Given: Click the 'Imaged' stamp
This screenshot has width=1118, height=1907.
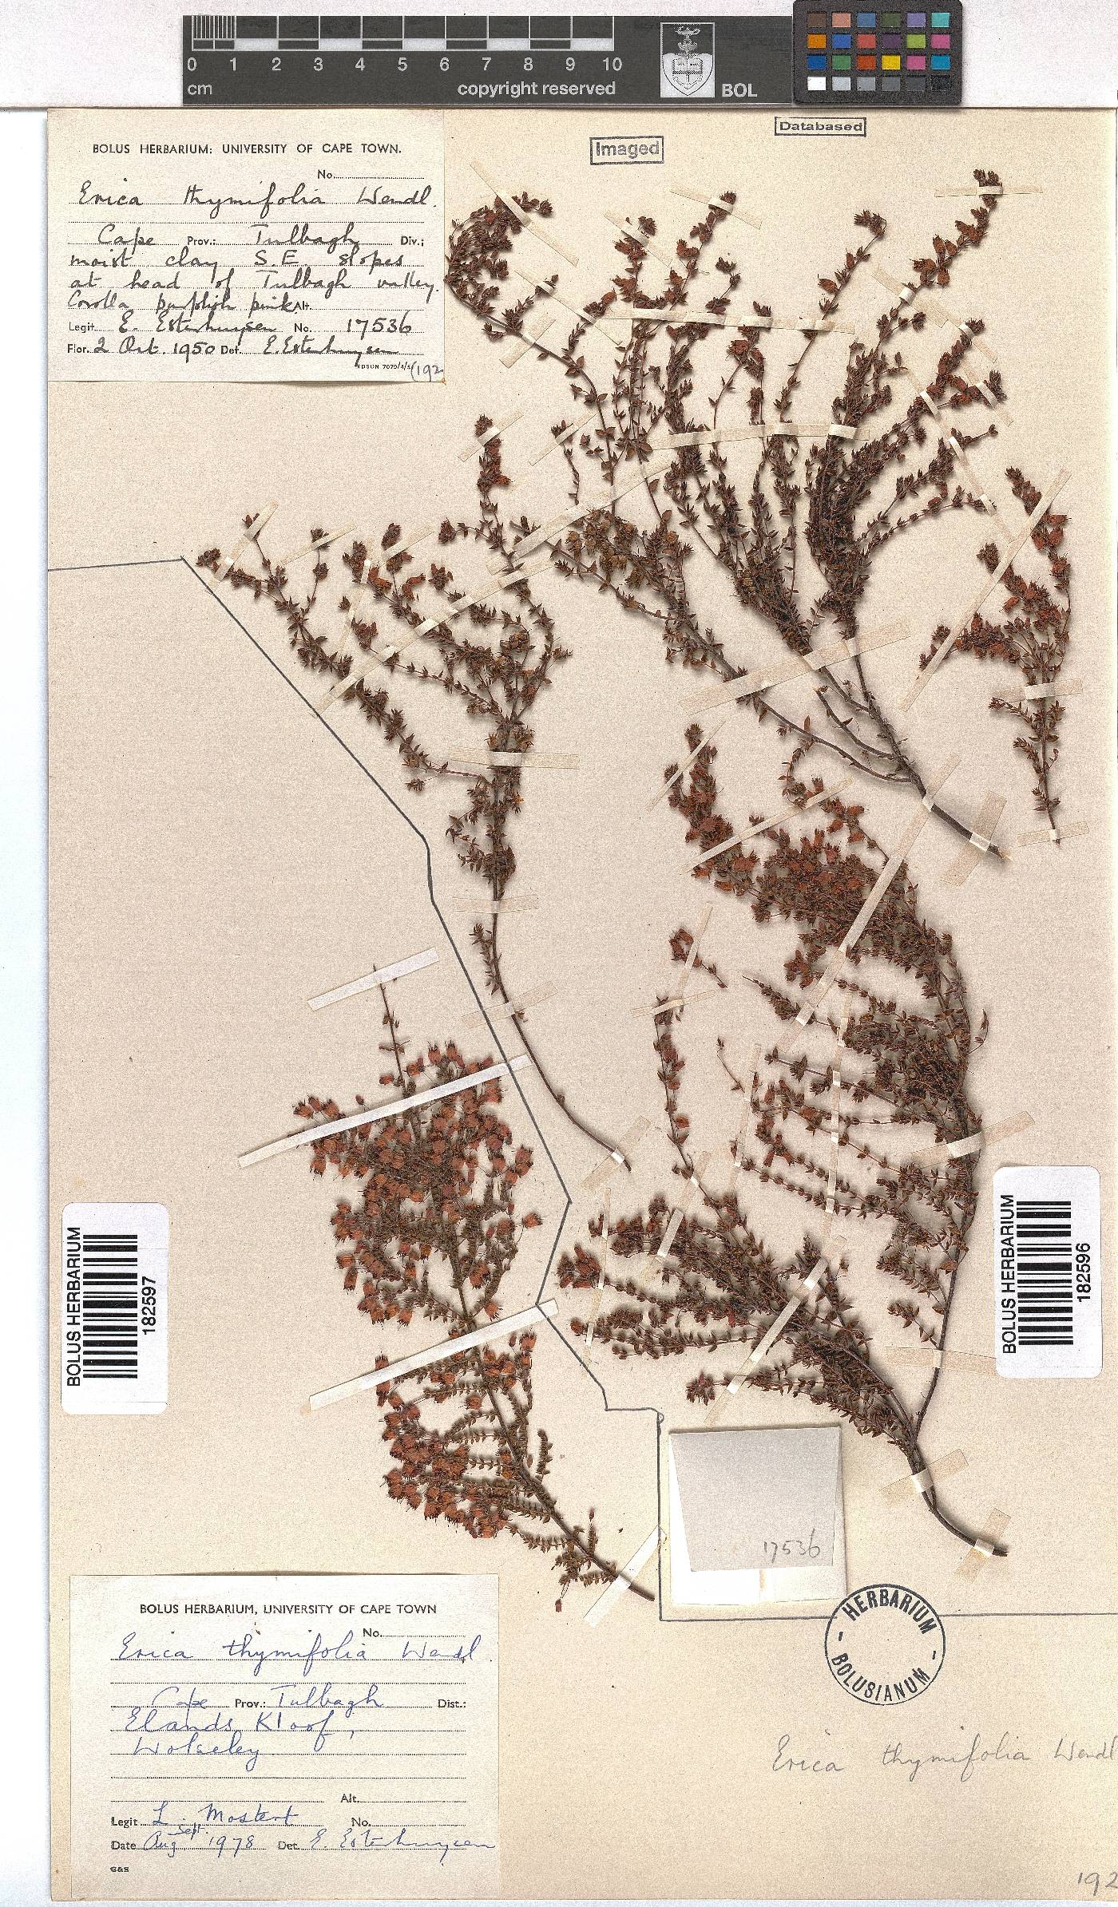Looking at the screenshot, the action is point(627,149).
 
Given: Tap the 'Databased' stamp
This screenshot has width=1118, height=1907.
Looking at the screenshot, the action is point(820,126).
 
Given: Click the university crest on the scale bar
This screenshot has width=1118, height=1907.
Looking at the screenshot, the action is point(684,60).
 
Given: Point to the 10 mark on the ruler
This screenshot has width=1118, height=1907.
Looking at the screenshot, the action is point(612,65).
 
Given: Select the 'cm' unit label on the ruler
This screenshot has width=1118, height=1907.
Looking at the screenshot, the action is point(200,89).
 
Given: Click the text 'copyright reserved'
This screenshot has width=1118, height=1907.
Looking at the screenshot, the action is point(536,89).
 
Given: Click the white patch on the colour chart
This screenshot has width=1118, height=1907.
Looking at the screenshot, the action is point(816,83).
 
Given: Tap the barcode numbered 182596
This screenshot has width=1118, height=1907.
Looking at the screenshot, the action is point(1046,1256).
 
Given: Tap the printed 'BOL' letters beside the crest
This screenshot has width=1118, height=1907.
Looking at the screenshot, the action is point(738,90).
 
